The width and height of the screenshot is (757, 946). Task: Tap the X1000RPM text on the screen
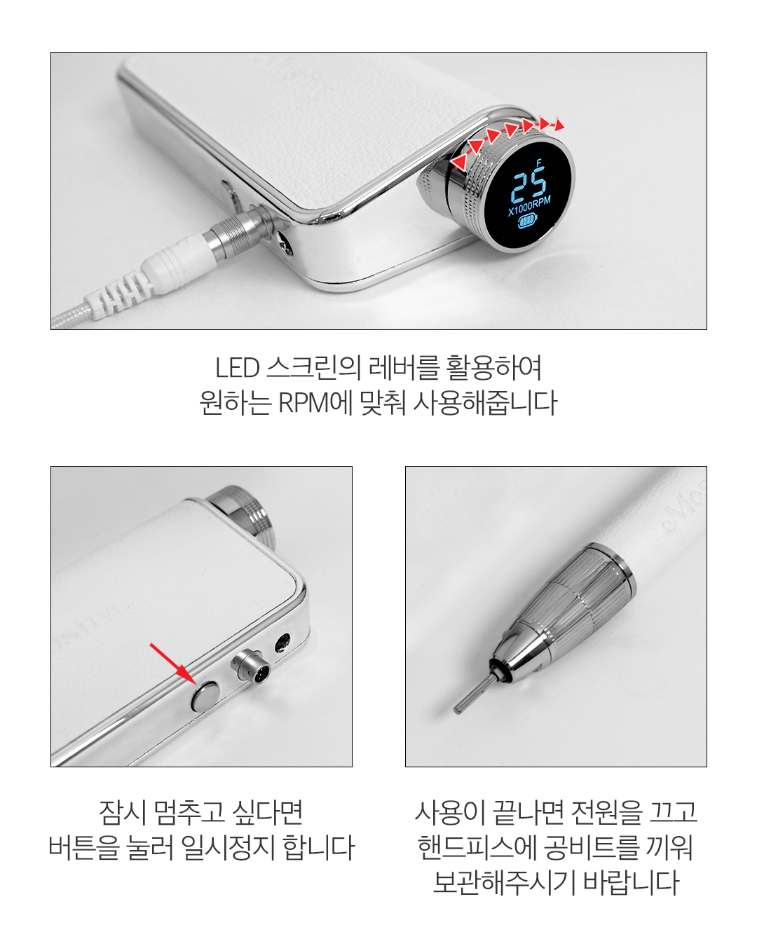click(x=528, y=206)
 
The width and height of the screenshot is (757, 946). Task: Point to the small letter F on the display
click(x=539, y=163)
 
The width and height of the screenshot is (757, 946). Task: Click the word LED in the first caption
click(x=237, y=367)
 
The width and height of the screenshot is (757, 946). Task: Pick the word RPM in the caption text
click(x=304, y=402)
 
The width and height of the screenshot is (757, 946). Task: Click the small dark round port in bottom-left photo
click(x=282, y=645)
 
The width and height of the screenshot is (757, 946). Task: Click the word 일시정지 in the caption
click(x=226, y=847)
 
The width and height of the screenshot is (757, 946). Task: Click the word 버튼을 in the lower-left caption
click(x=83, y=847)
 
